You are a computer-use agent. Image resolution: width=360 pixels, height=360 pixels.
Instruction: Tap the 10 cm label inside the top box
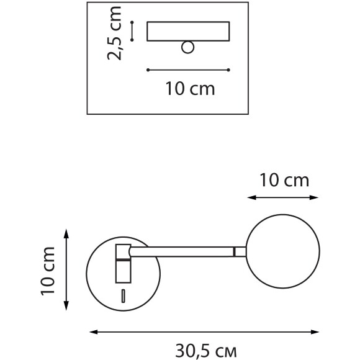coord(190,89)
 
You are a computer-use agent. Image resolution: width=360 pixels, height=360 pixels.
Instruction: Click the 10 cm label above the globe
coord(284,181)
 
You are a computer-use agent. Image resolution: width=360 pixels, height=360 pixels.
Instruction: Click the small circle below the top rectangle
coord(188,47)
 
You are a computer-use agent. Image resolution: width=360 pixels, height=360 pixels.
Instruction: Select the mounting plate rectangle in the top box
coord(188,31)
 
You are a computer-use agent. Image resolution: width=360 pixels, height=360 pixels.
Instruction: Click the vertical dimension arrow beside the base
coord(67,269)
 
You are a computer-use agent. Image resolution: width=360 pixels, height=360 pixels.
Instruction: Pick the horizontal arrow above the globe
coord(283,198)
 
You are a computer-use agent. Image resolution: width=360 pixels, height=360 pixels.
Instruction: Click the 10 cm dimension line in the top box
coord(188,70)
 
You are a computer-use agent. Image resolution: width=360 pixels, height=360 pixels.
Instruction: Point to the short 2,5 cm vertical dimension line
coord(133,31)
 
